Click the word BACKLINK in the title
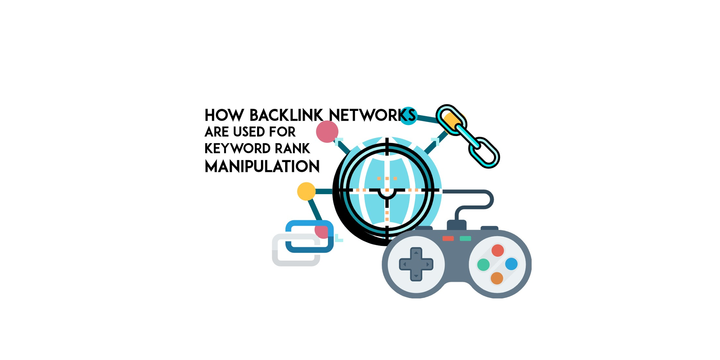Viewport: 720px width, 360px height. [286, 116]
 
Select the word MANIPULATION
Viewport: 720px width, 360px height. [262, 167]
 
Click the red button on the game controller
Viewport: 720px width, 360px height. [498, 250]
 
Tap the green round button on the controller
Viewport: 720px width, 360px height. [483, 265]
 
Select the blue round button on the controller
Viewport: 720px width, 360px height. [511, 264]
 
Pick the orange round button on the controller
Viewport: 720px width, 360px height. [497, 278]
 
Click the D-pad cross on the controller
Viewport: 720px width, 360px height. [416, 264]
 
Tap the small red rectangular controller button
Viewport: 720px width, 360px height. [448, 238]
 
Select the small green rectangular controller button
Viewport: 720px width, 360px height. [465, 238]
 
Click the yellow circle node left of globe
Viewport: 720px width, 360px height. [306, 192]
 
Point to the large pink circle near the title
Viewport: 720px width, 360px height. [327, 132]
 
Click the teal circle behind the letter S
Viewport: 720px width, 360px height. [408, 116]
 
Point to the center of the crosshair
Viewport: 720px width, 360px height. [387, 190]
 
